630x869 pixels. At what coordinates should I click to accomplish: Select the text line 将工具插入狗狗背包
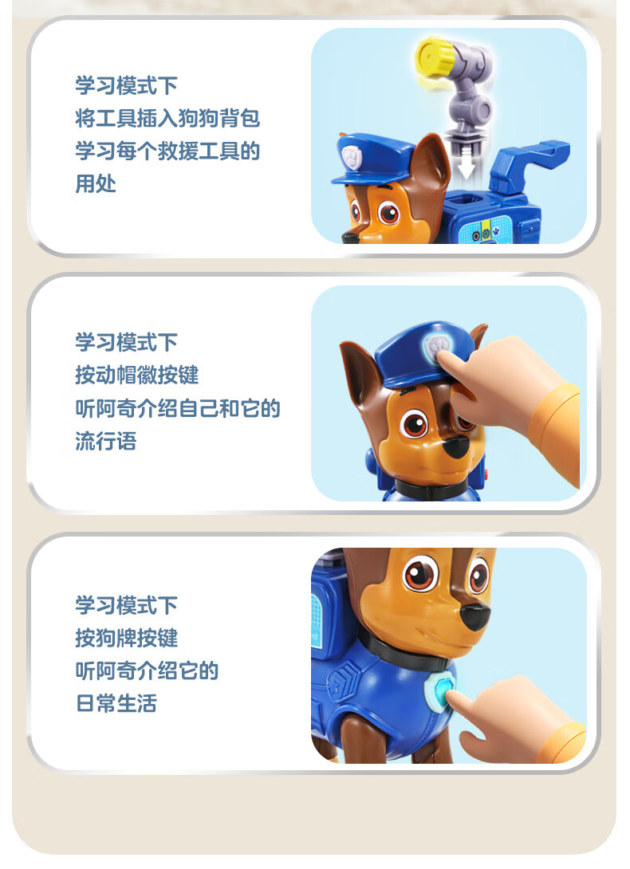[x=167, y=118]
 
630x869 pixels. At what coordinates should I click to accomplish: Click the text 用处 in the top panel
[x=96, y=183]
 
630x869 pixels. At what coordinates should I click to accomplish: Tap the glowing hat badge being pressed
[x=438, y=347]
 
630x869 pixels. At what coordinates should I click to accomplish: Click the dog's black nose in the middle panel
[x=457, y=446]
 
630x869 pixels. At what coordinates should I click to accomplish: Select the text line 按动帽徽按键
[x=137, y=376]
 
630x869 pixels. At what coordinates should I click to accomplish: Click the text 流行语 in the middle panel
[x=106, y=441]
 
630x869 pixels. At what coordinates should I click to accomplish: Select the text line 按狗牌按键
[x=127, y=638]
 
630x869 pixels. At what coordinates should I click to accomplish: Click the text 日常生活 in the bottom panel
[x=116, y=703]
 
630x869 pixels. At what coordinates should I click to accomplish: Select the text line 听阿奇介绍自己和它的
[x=178, y=408]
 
